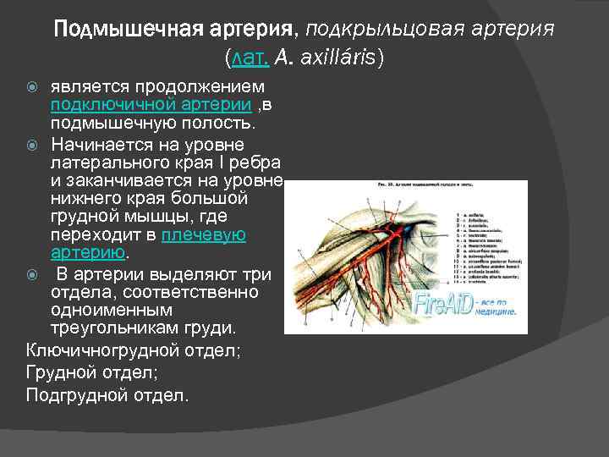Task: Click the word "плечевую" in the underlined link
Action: click(203, 235)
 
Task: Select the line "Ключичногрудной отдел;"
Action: click(133, 349)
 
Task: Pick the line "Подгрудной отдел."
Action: click(108, 395)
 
